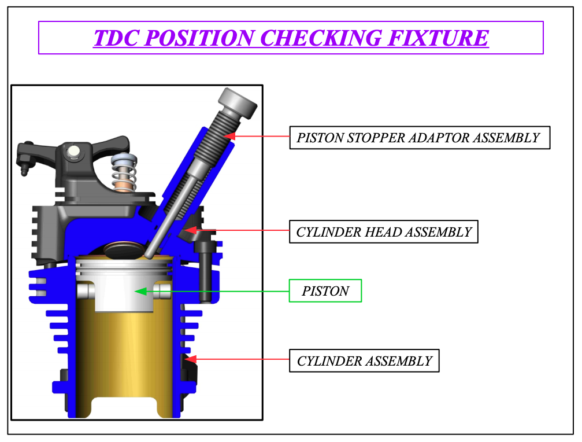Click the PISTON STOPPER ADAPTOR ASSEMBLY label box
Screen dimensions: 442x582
[419, 138]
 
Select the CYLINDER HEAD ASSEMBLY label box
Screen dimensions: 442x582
[384, 232]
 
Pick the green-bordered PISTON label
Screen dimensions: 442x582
[325, 291]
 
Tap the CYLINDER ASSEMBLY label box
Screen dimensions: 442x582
[364, 361]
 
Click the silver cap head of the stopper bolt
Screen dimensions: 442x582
[238, 103]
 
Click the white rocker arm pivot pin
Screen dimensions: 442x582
[73, 152]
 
